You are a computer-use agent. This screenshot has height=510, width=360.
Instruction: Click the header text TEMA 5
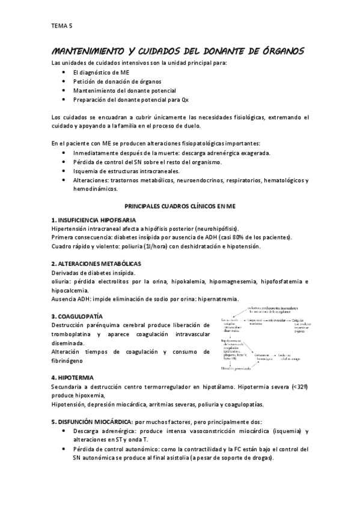tap(61, 26)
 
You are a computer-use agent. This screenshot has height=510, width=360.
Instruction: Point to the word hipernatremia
tap(215, 299)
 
